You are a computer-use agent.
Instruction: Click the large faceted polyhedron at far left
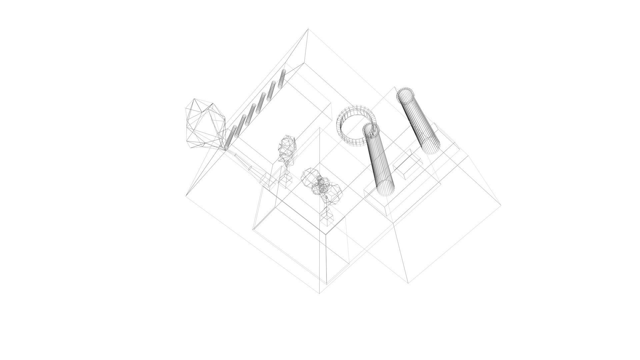(x=204, y=124)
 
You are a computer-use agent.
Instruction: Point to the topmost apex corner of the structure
(x=308, y=29)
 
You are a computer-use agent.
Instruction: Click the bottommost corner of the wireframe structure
(x=319, y=293)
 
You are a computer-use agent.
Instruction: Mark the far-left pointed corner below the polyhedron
(x=186, y=195)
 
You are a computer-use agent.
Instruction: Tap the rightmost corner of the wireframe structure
(x=500, y=205)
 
